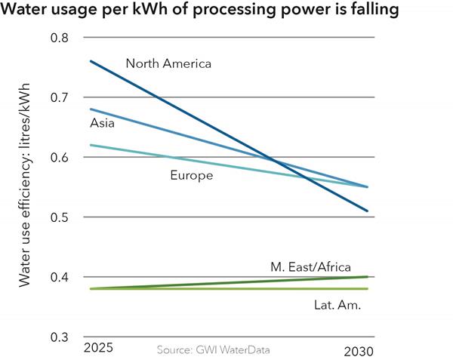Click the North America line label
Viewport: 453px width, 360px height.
[x=168, y=63]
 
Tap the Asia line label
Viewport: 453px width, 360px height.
[x=102, y=123]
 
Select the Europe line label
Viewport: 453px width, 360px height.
[x=190, y=176]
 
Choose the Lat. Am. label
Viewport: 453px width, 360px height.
[x=337, y=305]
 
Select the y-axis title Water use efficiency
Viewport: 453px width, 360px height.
[x=24, y=194]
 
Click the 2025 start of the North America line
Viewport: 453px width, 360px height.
[x=90, y=61]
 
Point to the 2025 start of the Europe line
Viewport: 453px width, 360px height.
[x=90, y=145]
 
